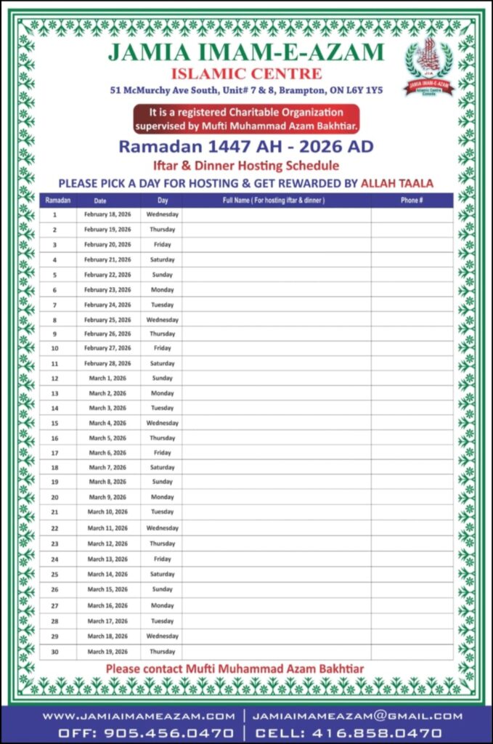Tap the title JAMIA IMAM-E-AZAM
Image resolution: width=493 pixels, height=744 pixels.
click(246, 52)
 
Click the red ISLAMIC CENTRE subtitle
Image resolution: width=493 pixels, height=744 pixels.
click(246, 73)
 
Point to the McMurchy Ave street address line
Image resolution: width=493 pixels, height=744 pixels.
click(246, 91)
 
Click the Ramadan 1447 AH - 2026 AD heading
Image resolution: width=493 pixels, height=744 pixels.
click(246, 147)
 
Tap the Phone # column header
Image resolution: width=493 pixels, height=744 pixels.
click(412, 200)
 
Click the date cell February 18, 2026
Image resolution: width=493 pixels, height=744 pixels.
click(107, 215)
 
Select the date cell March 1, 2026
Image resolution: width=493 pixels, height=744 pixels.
click(107, 379)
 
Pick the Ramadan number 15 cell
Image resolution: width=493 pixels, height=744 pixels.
click(54, 423)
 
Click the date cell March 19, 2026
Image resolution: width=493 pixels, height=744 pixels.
click(107, 652)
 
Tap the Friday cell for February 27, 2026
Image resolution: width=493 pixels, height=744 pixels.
click(162, 349)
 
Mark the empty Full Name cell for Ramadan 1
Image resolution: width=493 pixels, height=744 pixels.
click(276, 215)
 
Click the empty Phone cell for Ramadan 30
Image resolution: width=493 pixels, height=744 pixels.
click(412, 652)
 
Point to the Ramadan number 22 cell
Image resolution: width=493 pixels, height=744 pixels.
click(54, 528)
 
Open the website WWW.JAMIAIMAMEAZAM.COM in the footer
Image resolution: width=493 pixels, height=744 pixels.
click(138, 716)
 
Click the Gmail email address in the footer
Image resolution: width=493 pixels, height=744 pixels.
click(357, 716)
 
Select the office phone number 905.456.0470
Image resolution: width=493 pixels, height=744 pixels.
click(168, 733)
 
